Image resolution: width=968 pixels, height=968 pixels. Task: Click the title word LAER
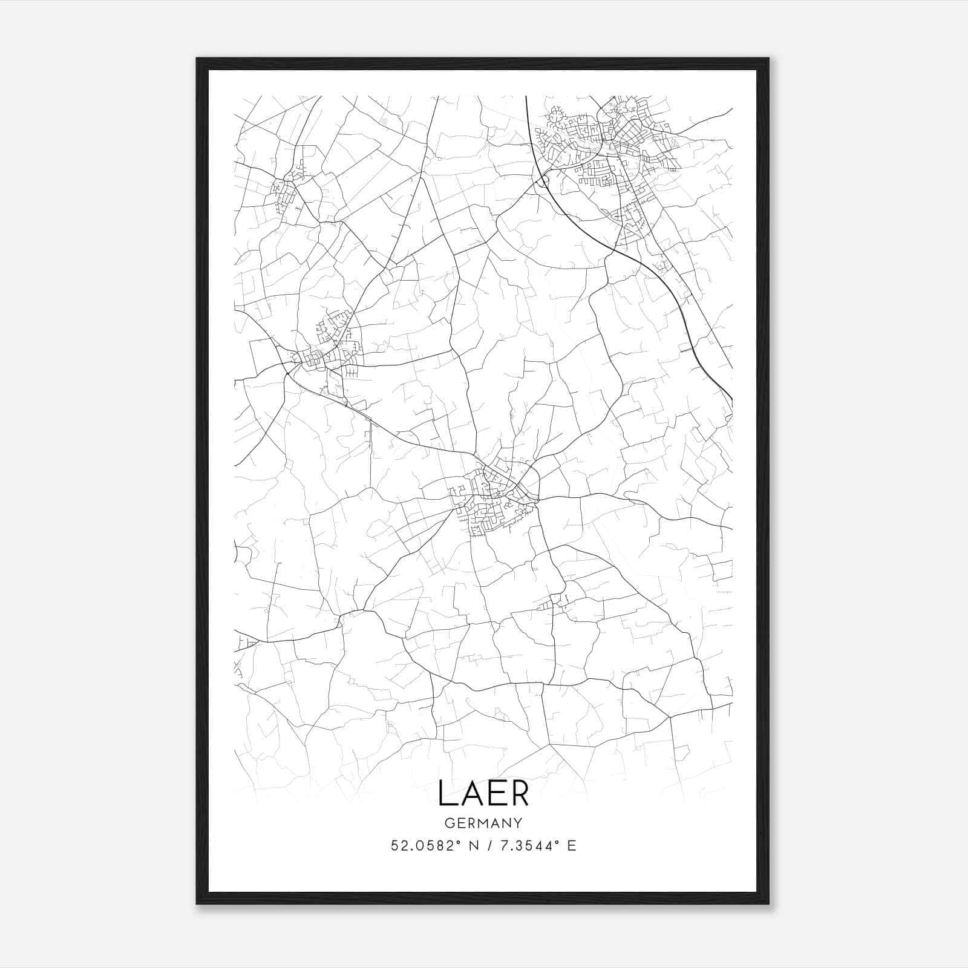pos(483,793)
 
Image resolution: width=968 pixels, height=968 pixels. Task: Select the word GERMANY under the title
pos(483,823)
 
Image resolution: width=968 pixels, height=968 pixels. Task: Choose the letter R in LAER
pos(520,793)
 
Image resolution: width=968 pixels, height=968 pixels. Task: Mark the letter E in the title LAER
pos(495,793)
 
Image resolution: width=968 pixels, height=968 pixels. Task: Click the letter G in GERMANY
pos(449,823)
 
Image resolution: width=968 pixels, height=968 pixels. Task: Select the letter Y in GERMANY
pos(518,823)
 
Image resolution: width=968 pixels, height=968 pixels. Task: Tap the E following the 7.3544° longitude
pos(571,846)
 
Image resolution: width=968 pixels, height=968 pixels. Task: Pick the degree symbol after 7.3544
pos(557,842)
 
